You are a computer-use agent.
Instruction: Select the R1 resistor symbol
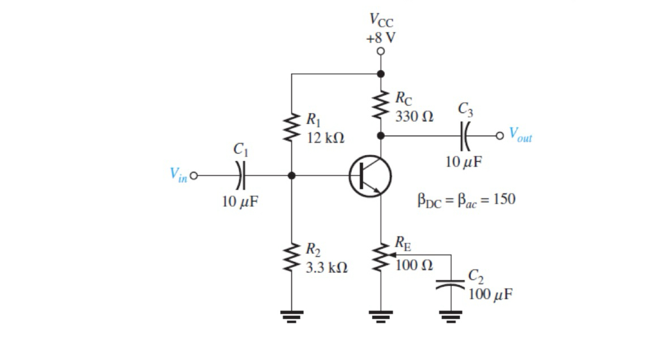pyautogui.click(x=292, y=129)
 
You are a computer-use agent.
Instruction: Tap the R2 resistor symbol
pyautogui.click(x=292, y=258)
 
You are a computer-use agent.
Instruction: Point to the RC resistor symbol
pyautogui.click(x=381, y=105)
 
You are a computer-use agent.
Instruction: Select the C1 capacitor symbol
pyautogui.click(x=240, y=176)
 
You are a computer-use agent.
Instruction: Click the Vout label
pyautogui.click(x=520, y=135)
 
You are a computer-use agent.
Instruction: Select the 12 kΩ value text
pyautogui.click(x=325, y=138)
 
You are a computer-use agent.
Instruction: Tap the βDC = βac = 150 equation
pyautogui.click(x=466, y=200)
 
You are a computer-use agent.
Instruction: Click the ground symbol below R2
pyautogui.click(x=292, y=315)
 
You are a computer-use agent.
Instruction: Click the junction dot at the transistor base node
pyautogui.click(x=292, y=176)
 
